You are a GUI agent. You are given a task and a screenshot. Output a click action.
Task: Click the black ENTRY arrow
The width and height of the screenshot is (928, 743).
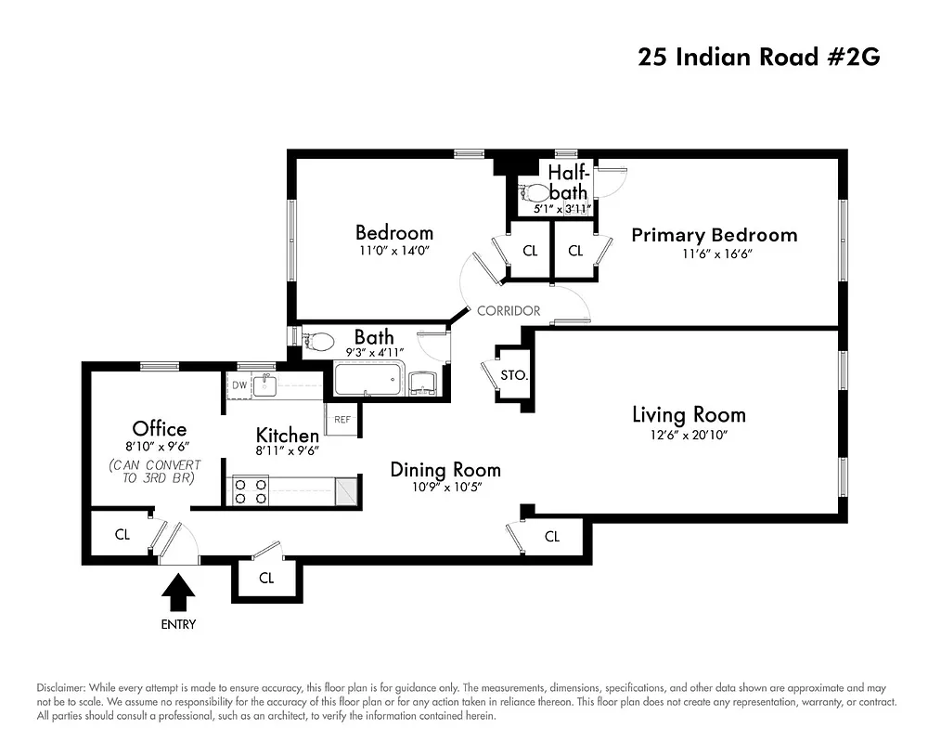click(178, 590)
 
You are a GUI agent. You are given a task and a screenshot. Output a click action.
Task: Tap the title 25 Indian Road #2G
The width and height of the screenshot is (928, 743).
click(758, 57)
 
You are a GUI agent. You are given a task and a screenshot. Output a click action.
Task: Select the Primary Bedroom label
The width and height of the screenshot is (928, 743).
click(714, 235)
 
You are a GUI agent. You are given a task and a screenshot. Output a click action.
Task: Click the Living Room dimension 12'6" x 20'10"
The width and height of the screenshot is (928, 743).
click(689, 436)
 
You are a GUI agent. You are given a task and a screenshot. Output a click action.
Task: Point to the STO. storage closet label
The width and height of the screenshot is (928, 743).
click(514, 376)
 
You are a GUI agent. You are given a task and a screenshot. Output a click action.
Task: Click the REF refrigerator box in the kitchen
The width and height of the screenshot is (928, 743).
click(342, 420)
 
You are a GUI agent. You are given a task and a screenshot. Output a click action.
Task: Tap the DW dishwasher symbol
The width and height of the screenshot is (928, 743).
click(239, 385)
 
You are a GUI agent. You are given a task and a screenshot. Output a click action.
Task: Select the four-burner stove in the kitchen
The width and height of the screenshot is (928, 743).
click(250, 490)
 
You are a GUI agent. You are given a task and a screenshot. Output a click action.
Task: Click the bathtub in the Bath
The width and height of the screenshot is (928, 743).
click(368, 382)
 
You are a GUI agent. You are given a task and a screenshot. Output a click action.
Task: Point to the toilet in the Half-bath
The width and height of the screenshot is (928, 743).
click(537, 194)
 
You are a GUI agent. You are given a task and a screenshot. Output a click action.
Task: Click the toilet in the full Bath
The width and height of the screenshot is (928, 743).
click(317, 342)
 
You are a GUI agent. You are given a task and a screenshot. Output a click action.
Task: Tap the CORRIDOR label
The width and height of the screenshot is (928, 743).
click(508, 311)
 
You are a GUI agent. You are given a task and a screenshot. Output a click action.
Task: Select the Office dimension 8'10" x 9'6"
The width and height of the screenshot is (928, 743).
click(159, 447)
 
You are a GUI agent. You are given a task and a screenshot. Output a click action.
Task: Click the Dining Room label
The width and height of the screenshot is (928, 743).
click(445, 469)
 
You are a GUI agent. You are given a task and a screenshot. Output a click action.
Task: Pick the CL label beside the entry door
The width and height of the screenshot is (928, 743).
click(122, 535)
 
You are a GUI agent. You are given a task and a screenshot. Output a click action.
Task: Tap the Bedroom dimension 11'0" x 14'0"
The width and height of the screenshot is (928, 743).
click(393, 251)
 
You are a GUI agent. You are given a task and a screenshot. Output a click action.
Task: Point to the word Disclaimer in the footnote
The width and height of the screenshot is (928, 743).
click(62, 686)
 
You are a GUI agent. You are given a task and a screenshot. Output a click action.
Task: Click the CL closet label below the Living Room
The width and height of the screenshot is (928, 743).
click(552, 537)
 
